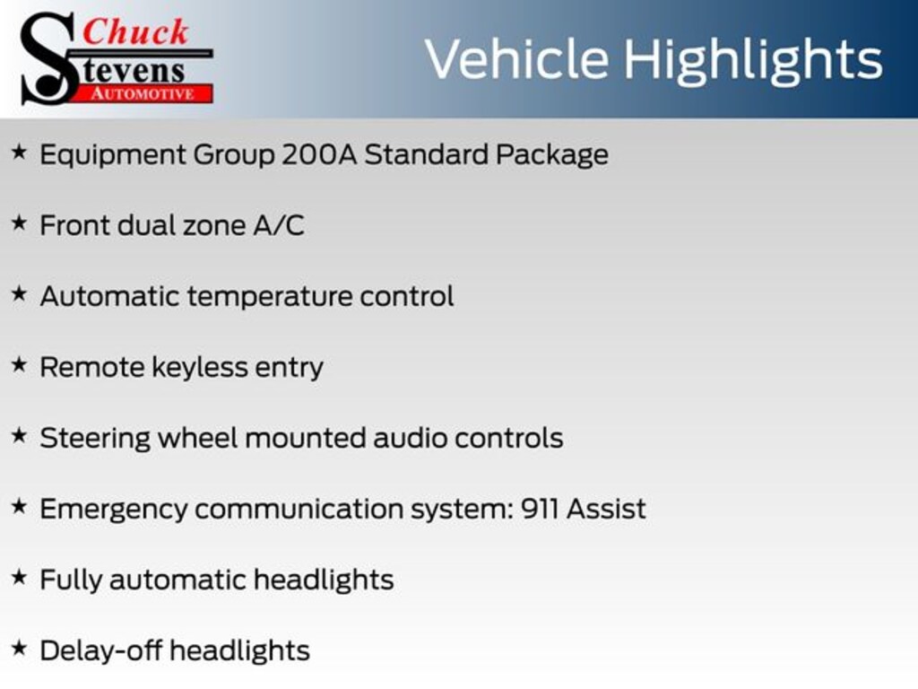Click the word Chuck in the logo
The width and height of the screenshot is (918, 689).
[135, 31]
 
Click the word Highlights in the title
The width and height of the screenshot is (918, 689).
[753, 60]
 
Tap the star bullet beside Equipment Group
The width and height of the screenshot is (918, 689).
[20, 153]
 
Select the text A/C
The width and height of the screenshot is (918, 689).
[279, 225]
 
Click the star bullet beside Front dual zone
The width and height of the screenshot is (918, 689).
[20, 223]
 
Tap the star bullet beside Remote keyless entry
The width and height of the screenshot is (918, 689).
[20, 365]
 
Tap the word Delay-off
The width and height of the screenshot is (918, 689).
[100, 651]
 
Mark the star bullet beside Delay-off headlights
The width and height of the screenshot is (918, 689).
[20, 649]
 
